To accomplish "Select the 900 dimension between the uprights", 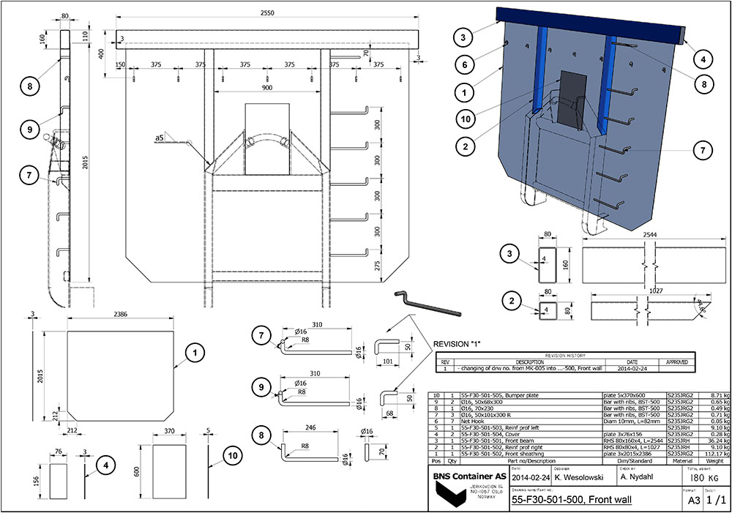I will tap(266, 88).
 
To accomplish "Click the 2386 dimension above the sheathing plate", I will tap(120, 314).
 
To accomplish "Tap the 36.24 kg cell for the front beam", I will tap(714, 441).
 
